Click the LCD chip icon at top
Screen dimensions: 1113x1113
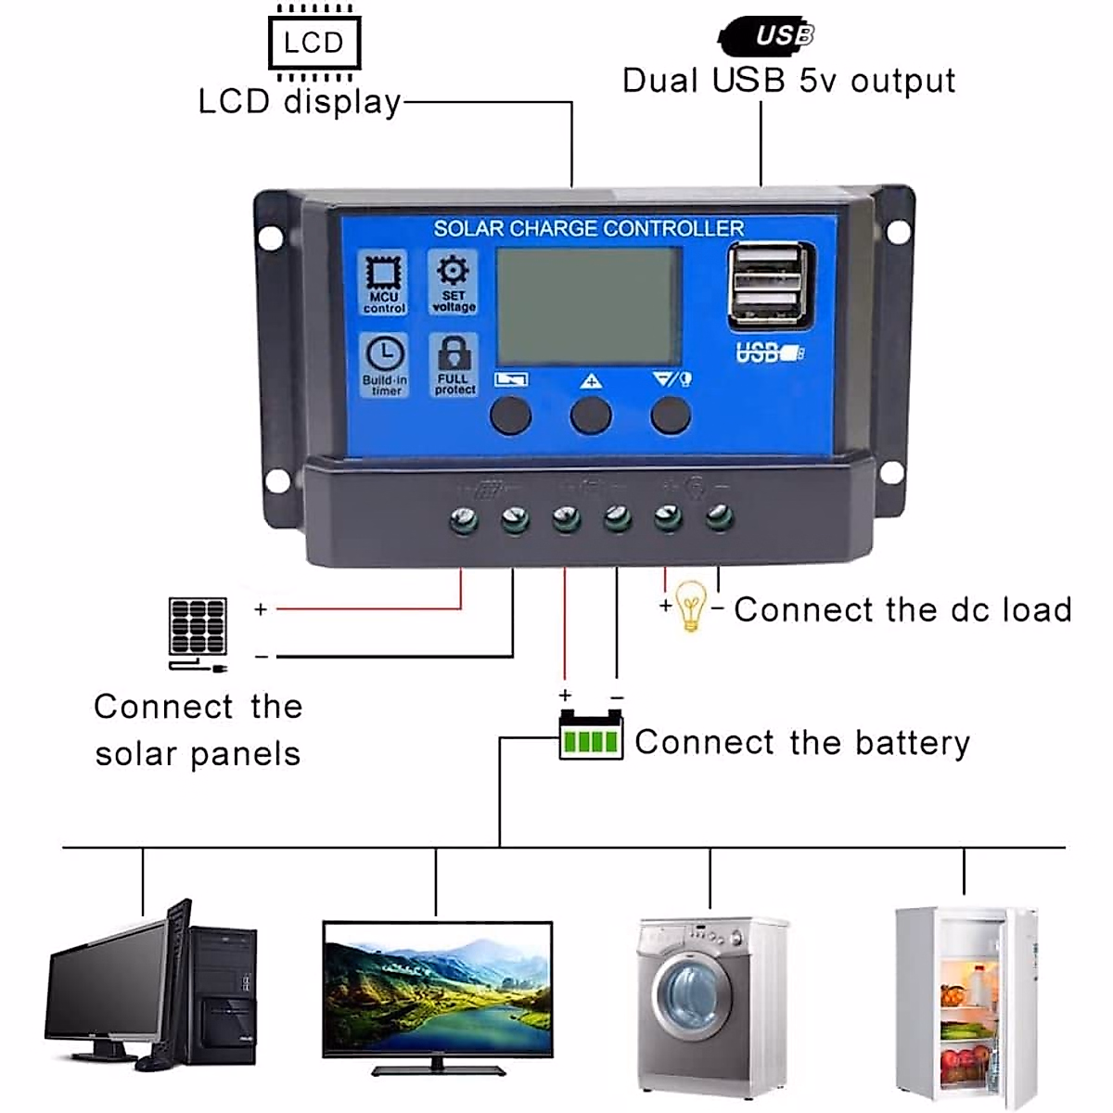coord(313,43)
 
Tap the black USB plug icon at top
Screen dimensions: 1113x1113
coord(767,35)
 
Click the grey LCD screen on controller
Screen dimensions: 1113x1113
coord(589,307)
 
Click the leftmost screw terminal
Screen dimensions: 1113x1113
coord(464,519)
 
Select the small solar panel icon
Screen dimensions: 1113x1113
coord(198,628)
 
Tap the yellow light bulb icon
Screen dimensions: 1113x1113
coord(690,604)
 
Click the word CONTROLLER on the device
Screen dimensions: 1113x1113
coord(674,228)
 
